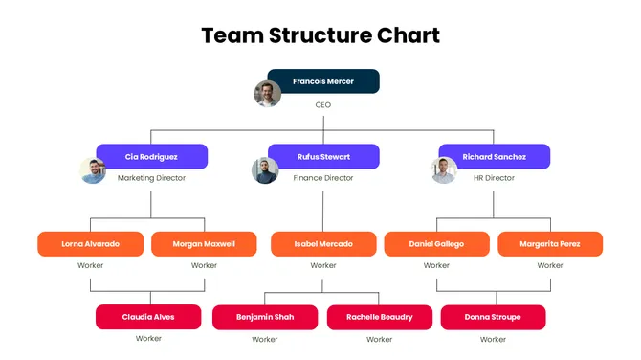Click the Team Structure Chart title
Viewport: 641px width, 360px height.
(320, 35)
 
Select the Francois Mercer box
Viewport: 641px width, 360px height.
(323, 81)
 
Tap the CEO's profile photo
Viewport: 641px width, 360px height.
(267, 94)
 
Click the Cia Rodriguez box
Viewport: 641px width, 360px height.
(151, 156)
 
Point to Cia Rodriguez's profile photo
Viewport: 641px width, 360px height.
(93, 170)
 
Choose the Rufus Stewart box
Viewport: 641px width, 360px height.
(323, 156)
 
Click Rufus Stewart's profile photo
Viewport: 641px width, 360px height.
(265, 170)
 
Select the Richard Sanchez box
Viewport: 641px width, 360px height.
(495, 156)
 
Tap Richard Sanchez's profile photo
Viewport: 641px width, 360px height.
(444, 170)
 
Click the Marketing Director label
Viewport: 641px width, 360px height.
(151, 178)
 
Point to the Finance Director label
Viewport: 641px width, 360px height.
(323, 178)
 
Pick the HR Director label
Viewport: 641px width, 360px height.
(494, 178)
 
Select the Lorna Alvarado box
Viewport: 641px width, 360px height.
(91, 244)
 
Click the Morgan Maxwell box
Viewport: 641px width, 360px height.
(204, 244)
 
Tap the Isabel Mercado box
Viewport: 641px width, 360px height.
(323, 244)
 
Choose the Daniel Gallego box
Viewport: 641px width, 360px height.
(436, 244)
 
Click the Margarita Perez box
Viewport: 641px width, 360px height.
(550, 244)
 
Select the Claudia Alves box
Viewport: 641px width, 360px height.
(148, 317)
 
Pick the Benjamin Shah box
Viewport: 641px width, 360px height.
(265, 317)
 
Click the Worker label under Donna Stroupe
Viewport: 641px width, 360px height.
(493, 339)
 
